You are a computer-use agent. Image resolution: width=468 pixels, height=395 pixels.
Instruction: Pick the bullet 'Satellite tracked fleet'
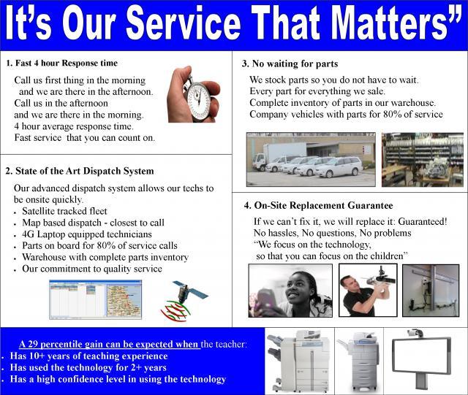pyautogui.click(x=64, y=211)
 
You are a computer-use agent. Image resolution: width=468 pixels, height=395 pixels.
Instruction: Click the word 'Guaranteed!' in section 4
pyautogui.click(x=423, y=221)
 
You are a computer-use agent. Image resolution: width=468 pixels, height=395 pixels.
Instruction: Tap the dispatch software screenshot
pyautogui.click(x=96, y=299)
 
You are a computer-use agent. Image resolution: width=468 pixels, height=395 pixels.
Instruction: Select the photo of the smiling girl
pyautogui.click(x=290, y=291)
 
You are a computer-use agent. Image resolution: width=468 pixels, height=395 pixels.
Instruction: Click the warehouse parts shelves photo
pyautogui.click(x=423, y=160)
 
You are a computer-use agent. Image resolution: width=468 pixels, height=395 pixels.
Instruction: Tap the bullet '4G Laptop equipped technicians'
pyautogui.click(x=87, y=234)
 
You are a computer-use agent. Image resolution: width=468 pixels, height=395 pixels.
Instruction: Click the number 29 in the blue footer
pyautogui.click(x=32, y=345)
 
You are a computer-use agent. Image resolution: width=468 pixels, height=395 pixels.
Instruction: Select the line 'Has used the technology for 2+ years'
pyautogui.click(x=88, y=367)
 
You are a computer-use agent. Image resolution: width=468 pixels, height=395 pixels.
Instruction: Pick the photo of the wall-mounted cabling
pyautogui.click(x=431, y=291)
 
